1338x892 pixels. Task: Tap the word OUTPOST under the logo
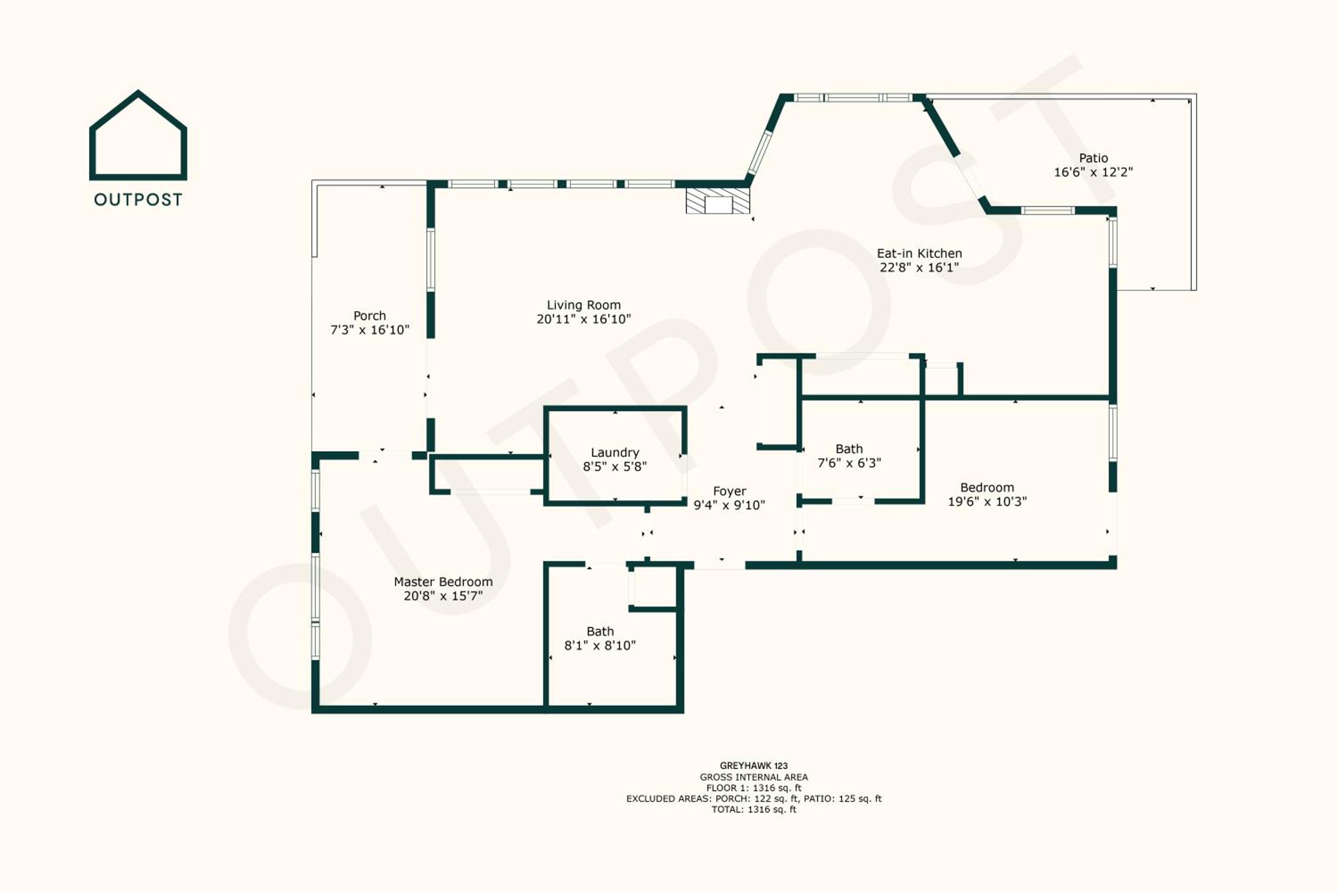pyautogui.click(x=138, y=200)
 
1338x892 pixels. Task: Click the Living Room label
pyautogui.click(x=584, y=306)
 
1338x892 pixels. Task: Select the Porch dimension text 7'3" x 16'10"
pyautogui.click(x=370, y=330)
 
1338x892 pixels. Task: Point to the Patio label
pyautogui.click(x=1094, y=158)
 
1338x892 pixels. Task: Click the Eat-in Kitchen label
pyautogui.click(x=919, y=254)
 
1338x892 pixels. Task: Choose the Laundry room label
pyautogui.click(x=615, y=453)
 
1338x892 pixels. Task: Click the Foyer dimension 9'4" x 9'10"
pyautogui.click(x=729, y=505)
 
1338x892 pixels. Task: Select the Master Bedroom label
pyautogui.click(x=443, y=582)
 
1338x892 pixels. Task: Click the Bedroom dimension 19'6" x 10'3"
pyautogui.click(x=987, y=502)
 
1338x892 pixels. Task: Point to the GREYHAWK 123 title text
pyautogui.click(x=754, y=766)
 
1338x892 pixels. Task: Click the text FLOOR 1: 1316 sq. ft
pyautogui.click(x=754, y=788)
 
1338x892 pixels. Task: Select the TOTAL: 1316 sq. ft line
pyautogui.click(x=754, y=809)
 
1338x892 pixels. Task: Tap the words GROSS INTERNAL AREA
pyautogui.click(x=754, y=777)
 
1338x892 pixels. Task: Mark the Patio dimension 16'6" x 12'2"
pyautogui.click(x=1094, y=172)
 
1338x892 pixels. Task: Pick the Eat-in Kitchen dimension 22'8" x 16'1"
pyautogui.click(x=919, y=267)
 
